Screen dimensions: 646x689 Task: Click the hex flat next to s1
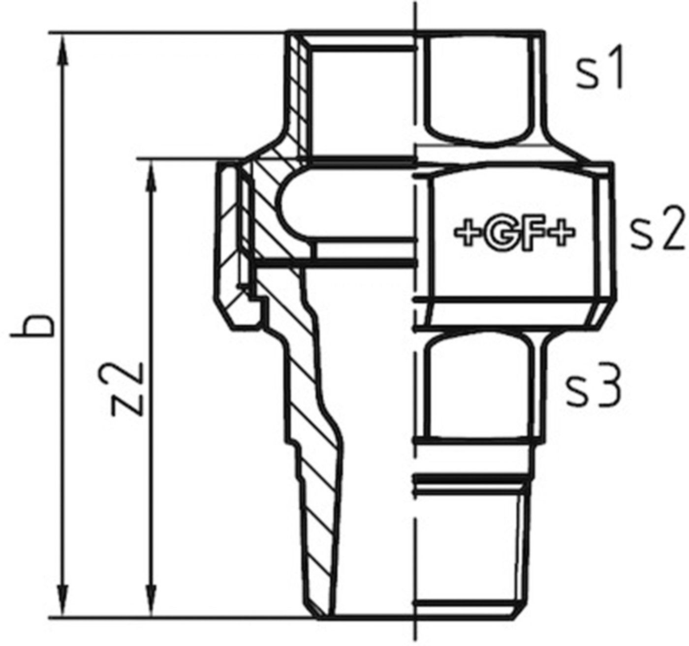click(477, 89)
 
